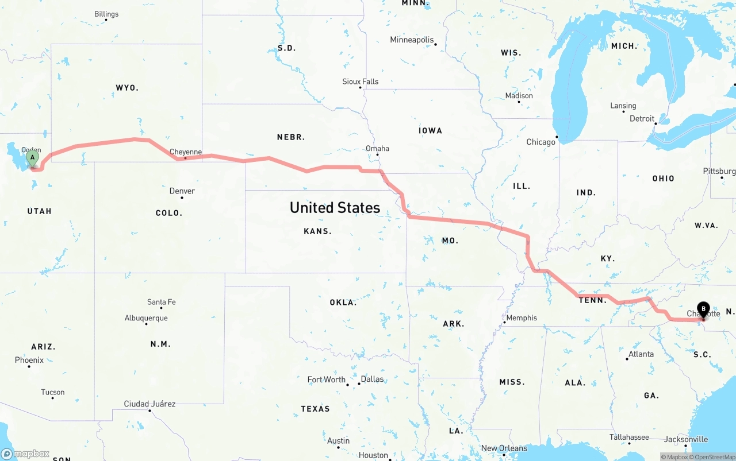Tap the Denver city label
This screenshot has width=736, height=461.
(x=182, y=191)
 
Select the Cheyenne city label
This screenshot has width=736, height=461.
(x=186, y=152)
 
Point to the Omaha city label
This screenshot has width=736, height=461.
(x=377, y=148)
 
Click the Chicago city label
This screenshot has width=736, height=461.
(x=541, y=142)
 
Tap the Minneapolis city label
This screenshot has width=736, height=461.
(x=412, y=40)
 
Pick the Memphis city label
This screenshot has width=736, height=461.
(x=522, y=317)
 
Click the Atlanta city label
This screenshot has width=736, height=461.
(x=641, y=354)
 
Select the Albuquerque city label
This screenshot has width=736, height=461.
(x=146, y=318)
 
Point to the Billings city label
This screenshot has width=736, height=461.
(x=106, y=14)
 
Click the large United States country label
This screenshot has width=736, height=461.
(x=335, y=207)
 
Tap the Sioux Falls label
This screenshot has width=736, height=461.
(x=361, y=82)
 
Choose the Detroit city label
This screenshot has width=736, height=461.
(x=642, y=119)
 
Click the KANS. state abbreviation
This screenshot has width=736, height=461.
(x=317, y=231)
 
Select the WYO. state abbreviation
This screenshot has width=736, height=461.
(x=127, y=88)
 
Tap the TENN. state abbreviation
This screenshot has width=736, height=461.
(x=592, y=300)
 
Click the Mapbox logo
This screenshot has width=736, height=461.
(x=25, y=454)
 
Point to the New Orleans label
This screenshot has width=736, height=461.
(x=504, y=448)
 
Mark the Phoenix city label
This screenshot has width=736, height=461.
(x=29, y=360)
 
